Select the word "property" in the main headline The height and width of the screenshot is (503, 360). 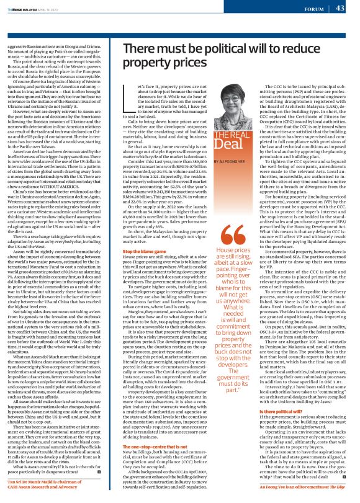coord(162,63)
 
